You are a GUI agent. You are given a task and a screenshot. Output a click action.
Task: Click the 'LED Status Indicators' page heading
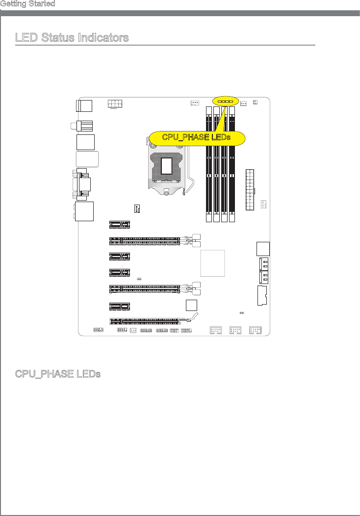(72, 38)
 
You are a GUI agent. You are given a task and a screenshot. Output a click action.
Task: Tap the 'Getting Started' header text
(27, 4)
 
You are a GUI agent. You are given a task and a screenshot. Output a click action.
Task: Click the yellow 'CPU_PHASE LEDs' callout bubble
(197, 138)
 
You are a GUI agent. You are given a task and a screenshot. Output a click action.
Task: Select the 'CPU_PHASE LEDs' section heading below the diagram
(58, 374)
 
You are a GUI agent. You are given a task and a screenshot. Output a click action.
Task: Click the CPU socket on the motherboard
(167, 167)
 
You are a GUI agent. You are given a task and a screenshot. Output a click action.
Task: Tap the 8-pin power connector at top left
(115, 104)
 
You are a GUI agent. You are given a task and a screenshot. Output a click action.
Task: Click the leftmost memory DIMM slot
(209, 164)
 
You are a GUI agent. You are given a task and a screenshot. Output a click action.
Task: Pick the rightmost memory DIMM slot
(232, 164)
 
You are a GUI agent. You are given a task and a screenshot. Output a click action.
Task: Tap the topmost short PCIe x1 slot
(119, 225)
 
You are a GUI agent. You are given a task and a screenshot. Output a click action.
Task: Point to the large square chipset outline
(213, 263)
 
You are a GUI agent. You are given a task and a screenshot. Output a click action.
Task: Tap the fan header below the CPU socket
(137, 209)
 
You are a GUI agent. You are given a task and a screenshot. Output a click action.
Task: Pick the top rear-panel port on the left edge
(84, 105)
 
